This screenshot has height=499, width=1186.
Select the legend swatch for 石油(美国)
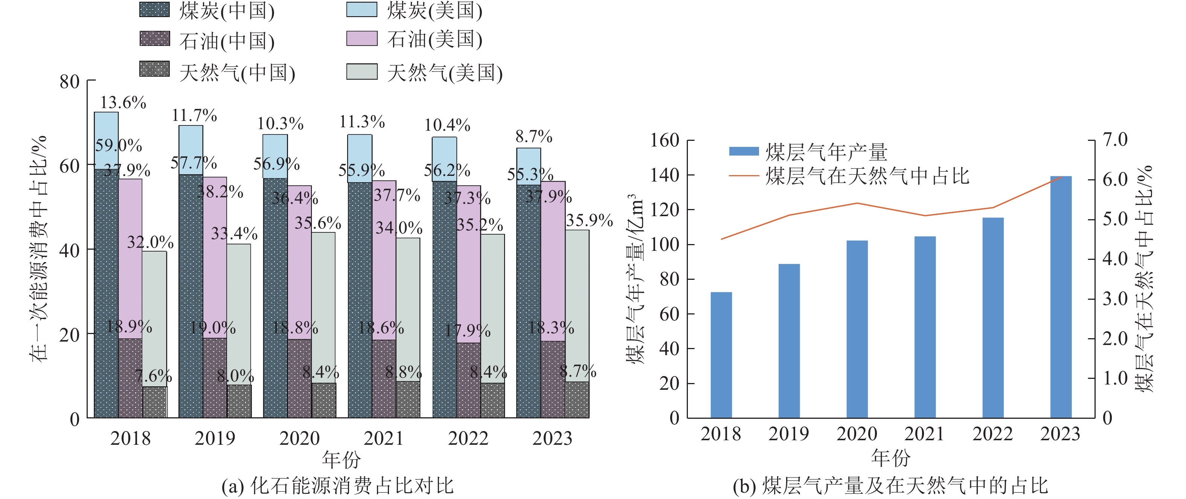[x=361, y=38]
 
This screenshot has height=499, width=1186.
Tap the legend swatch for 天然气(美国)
[x=361, y=71]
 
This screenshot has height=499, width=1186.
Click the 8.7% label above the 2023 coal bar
[x=534, y=137]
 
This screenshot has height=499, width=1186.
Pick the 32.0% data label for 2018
[x=150, y=242]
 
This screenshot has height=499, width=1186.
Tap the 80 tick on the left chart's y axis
[x=70, y=82]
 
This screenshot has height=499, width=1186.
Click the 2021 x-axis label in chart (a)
[x=384, y=438]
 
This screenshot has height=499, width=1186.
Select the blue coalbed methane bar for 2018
[x=721, y=354]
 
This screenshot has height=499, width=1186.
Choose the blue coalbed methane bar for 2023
[x=1061, y=297]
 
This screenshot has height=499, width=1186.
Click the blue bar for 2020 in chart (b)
[x=857, y=329]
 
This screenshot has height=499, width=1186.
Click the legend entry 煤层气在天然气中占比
[x=867, y=176]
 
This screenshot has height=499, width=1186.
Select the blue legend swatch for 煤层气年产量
[x=744, y=151]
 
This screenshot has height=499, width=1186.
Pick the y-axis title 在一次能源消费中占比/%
[x=39, y=249]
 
